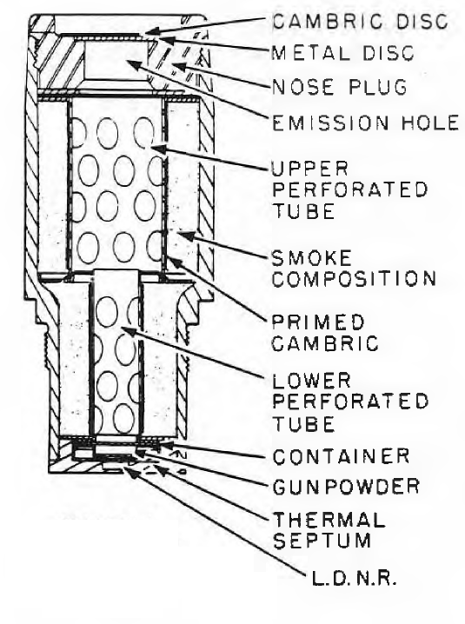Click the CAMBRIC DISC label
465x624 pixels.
coord(361,21)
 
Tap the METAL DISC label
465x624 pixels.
coord(342,52)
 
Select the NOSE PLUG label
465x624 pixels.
coord(340,87)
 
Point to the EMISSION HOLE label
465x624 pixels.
coord(365,123)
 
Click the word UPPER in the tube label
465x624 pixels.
coord(309,169)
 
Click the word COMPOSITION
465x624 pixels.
coord(355,279)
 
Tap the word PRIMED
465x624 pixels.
coord(318,322)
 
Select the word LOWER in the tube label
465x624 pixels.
coord(311,381)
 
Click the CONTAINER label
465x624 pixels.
coord(342,456)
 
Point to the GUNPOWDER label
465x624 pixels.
coord(346,486)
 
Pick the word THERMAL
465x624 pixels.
coord(329,520)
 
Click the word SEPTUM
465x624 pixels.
coord(322,541)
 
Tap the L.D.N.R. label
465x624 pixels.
coord(354,579)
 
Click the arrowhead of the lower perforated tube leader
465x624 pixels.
coord(126,330)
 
